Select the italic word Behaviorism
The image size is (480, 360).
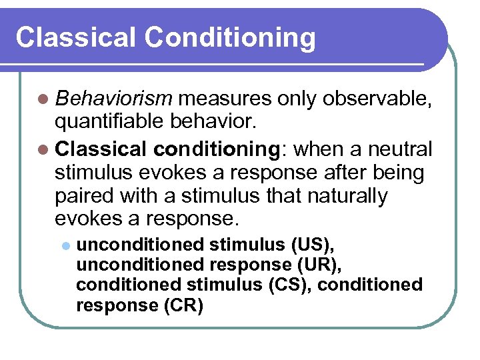pos(114,99)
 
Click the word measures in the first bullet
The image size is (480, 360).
pos(225,99)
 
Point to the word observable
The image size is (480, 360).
pos(378,99)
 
